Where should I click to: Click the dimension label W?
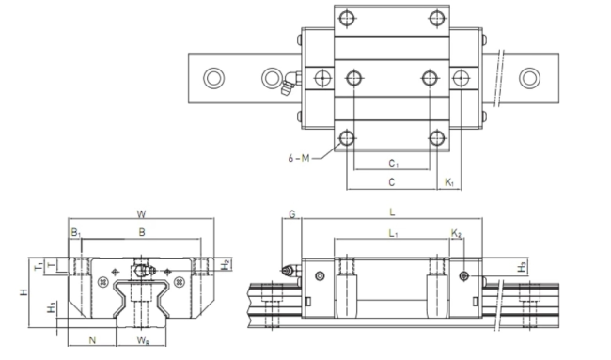coord(141,214)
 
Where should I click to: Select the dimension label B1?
coord(75,233)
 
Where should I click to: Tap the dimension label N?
coord(92,340)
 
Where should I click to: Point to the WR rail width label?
coord(143,340)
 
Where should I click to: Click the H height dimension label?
coord(24,291)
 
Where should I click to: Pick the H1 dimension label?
coord(52,307)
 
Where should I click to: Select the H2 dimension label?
coord(226,265)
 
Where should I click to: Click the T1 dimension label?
coord(39,267)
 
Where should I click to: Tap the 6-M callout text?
coord(299,158)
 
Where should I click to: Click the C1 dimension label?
coord(393,164)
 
